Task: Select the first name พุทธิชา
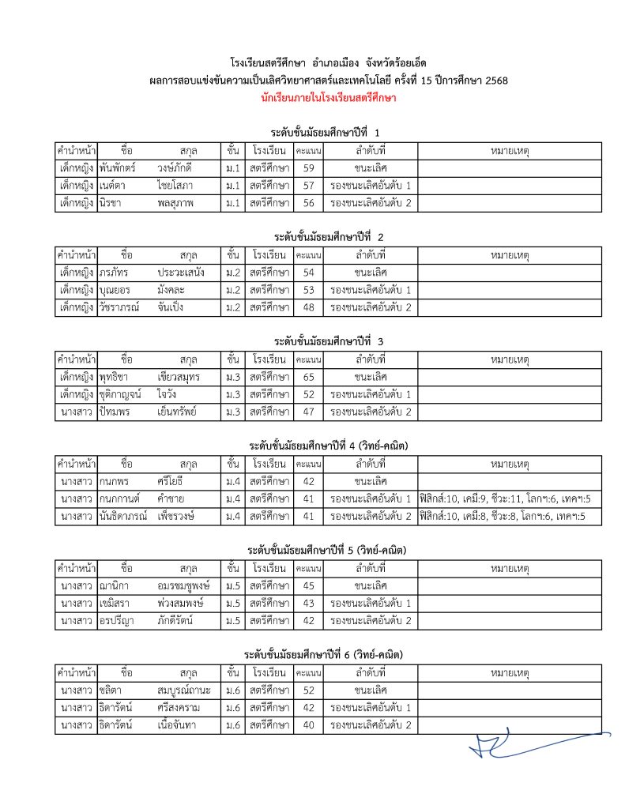click(x=118, y=377)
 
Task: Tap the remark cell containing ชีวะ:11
click(x=510, y=499)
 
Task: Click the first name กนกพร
click(x=115, y=481)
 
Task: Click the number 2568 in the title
click(x=496, y=81)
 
